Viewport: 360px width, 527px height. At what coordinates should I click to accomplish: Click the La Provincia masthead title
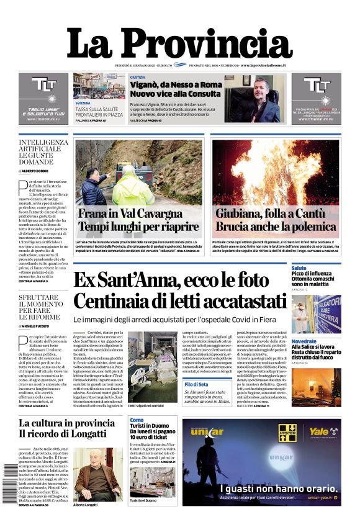(x=179, y=43)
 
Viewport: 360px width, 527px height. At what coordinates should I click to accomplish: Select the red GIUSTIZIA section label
(x=138, y=77)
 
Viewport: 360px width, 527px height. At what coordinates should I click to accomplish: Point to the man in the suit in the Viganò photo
(x=256, y=102)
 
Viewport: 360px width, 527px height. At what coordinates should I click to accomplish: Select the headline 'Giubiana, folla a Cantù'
(x=276, y=214)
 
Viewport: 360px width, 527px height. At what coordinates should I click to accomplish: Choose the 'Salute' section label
(x=299, y=268)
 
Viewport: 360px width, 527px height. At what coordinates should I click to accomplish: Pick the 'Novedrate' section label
(x=304, y=341)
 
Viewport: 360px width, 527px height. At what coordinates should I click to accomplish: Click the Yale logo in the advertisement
(x=318, y=431)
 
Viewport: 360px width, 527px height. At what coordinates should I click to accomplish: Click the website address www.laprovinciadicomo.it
(x=271, y=65)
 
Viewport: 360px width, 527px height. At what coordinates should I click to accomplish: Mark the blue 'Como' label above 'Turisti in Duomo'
(x=137, y=420)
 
